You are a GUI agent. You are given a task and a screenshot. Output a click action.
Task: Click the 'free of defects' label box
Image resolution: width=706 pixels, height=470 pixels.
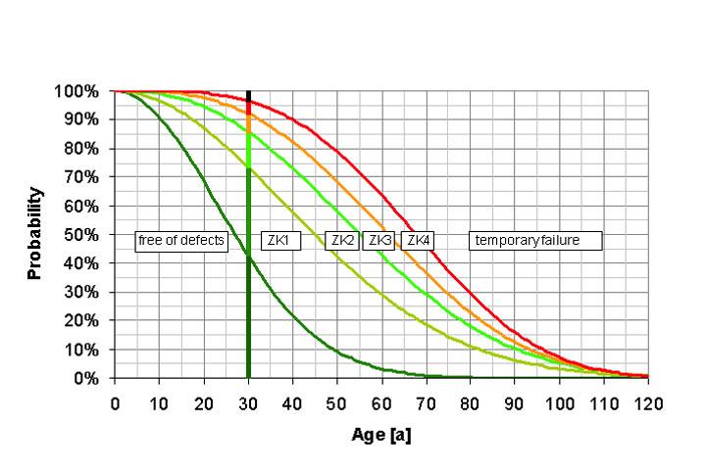click(181, 241)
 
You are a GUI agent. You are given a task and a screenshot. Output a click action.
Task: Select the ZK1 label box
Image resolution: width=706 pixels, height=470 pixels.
click(276, 241)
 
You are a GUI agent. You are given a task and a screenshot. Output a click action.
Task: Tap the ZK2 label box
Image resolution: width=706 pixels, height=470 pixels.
click(342, 241)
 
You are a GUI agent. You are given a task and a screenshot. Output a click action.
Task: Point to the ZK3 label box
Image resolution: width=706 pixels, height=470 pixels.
click(379, 241)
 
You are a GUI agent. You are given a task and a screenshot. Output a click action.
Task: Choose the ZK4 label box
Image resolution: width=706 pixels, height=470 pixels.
click(418, 241)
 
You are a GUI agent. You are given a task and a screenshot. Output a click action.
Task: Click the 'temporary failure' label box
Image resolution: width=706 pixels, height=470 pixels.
click(535, 241)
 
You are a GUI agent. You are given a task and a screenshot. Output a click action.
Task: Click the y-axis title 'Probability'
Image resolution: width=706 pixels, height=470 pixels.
click(35, 234)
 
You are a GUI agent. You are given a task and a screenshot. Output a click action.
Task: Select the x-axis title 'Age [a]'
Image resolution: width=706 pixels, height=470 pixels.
click(381, 435)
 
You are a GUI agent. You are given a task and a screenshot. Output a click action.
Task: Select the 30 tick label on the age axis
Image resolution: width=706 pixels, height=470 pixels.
click(248, 403)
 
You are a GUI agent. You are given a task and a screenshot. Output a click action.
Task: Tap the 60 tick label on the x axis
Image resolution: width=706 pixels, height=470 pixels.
click(381, 403)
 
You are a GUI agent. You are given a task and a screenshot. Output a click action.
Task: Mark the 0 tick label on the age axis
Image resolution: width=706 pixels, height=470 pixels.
click(115, 403)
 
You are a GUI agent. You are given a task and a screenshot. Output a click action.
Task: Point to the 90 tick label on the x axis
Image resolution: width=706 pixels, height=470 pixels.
click(515, 403)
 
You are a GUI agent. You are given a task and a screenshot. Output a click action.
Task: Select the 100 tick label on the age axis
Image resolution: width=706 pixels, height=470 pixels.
click(559, 403)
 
